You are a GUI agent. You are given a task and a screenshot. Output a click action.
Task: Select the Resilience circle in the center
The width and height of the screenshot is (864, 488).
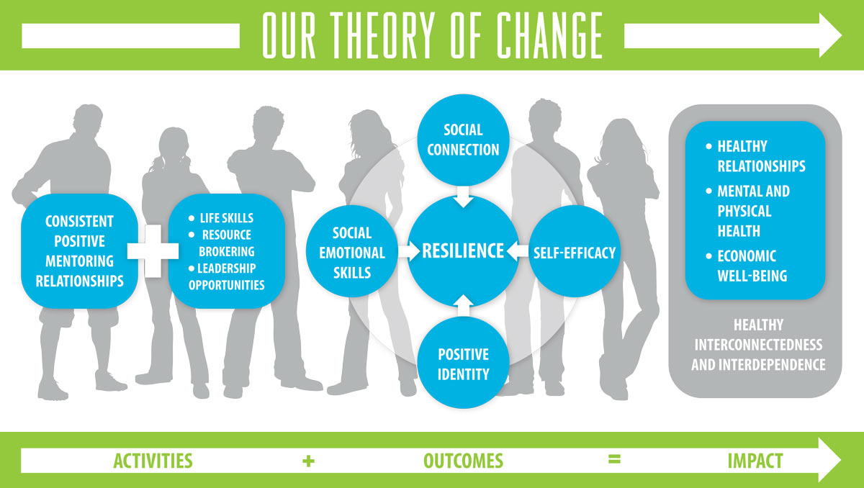463,250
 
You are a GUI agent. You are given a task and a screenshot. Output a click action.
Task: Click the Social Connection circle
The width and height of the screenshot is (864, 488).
463,140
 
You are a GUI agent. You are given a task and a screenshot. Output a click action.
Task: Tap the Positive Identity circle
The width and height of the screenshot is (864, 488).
463,364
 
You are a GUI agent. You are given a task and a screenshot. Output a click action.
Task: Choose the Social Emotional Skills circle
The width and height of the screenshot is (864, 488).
352,253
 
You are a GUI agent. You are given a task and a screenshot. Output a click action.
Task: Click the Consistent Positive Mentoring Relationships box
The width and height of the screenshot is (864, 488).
79,250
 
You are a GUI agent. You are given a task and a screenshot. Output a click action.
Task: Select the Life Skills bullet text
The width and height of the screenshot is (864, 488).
225,218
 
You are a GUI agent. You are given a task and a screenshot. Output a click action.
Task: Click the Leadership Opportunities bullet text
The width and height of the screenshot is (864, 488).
226,276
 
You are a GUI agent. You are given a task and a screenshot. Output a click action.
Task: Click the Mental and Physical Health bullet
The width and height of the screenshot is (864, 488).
753,211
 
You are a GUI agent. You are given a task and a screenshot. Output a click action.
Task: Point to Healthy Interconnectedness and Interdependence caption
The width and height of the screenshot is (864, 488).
758,345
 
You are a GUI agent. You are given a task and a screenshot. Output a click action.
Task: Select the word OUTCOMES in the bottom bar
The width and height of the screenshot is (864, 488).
463,460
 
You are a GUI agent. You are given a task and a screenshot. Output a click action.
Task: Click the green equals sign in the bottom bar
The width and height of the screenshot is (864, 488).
613,459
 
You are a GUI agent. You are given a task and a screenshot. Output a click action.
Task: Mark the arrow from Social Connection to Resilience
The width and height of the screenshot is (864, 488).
463,194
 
